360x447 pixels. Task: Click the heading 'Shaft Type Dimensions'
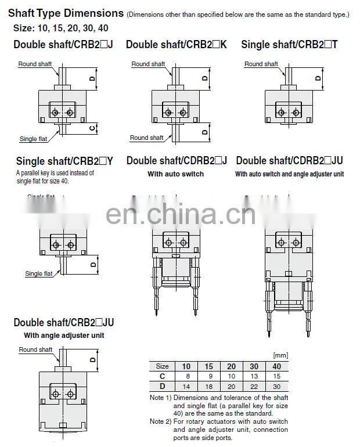click(x=66, y=13)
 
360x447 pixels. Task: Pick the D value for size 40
click(x=276, y=385)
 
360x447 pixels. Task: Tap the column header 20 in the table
click(x=232, y=366)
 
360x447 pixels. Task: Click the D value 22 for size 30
click(x=254, y=385)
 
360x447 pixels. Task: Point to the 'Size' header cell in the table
click(x=163, y=366)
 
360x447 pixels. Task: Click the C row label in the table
click(x=163, y=376)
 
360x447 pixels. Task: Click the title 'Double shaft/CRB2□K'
click(x=176, y=44)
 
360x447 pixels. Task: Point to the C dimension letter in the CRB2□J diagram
click(x=92, y=128)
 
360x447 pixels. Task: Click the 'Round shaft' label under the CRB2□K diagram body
click(x=147, y=138)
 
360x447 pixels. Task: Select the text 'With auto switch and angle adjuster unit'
click(x=290, y=174)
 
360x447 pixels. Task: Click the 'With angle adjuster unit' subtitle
click(x=64, y=336)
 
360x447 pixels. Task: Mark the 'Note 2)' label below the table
click(x=160, y=421)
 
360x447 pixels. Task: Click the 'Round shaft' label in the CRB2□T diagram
click(x=261, y=64)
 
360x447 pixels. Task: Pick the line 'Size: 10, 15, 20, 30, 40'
click(x=60, y=28)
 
